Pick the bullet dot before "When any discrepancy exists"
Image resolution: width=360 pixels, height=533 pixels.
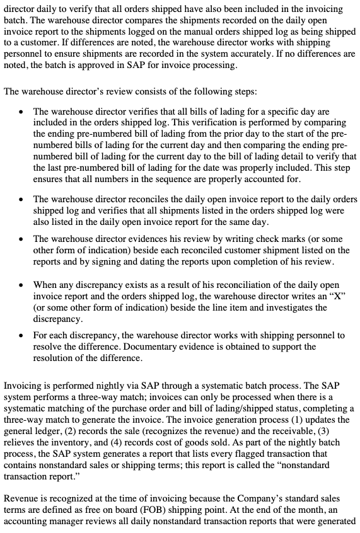[x=23, y=285]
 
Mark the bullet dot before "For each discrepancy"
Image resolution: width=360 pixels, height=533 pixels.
[x=23, y=335]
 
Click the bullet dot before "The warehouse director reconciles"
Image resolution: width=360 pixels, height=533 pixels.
[x=23, y=199]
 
